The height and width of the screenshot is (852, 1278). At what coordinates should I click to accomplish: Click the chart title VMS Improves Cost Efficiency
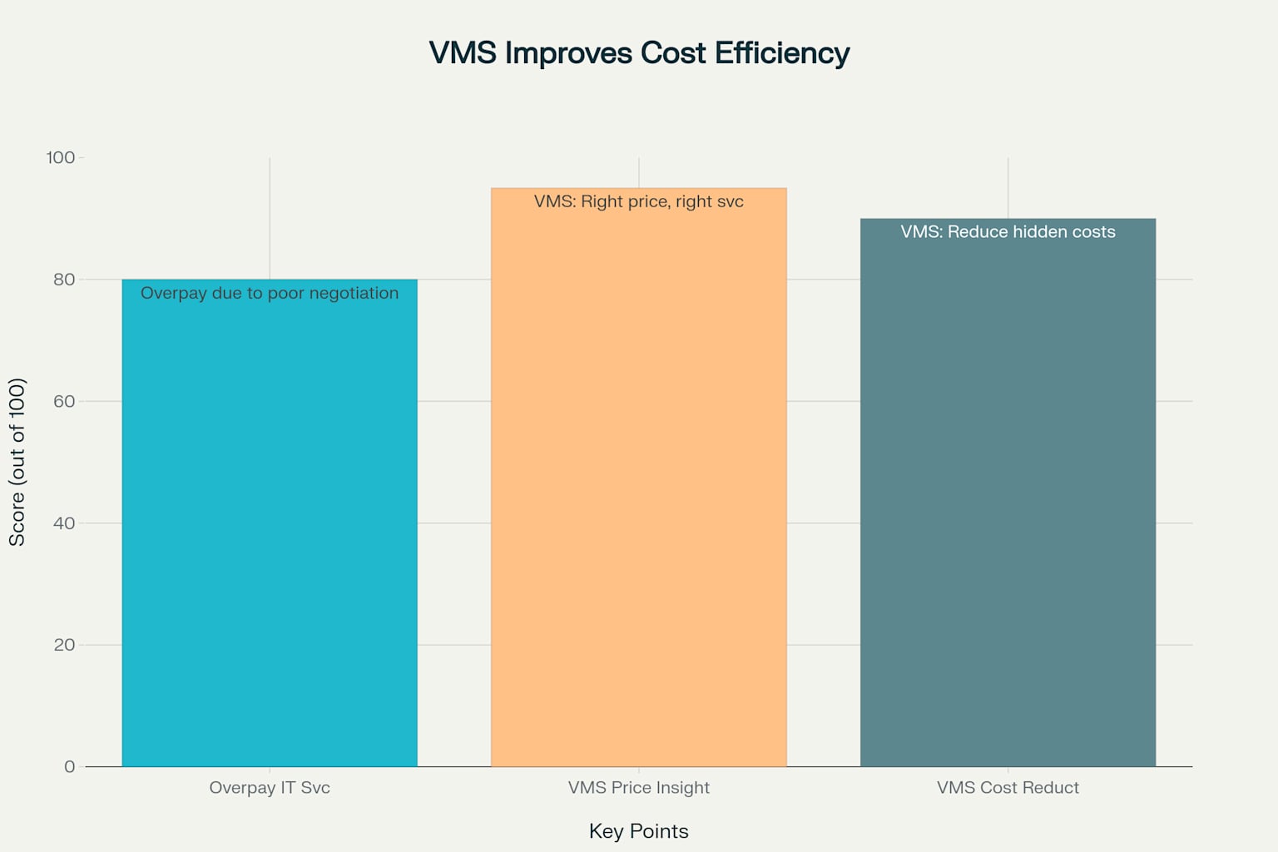(639, 53)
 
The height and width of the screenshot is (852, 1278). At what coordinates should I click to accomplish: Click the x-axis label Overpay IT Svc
(270, 788)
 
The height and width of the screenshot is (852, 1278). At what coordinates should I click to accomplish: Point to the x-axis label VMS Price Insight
(639, 788)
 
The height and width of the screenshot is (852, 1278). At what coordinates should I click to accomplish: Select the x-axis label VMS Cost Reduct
(1008, 788)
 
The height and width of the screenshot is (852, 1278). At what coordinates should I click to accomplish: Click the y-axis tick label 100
(61, 158)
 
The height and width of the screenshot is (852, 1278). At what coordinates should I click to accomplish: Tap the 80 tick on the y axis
(64, 280)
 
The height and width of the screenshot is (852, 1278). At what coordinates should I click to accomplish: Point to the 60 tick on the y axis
(64, 401)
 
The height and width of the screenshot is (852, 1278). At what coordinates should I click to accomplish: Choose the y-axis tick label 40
(64, 523)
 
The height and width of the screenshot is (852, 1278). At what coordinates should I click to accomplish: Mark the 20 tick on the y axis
(64, 645)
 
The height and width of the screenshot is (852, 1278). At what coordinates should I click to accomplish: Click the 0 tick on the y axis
(69, 767)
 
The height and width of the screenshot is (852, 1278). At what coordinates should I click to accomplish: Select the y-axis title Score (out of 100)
(17, 462)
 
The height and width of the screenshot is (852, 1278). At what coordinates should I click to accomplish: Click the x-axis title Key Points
(639, 831)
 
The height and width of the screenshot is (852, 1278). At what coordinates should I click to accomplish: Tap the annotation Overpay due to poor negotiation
(270, 293)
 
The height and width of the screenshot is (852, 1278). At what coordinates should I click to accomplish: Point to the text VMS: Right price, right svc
(639, 201)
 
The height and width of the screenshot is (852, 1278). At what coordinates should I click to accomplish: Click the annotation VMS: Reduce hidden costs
(1008, 232)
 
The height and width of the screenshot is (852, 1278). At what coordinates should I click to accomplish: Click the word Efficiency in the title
(782, 53)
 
